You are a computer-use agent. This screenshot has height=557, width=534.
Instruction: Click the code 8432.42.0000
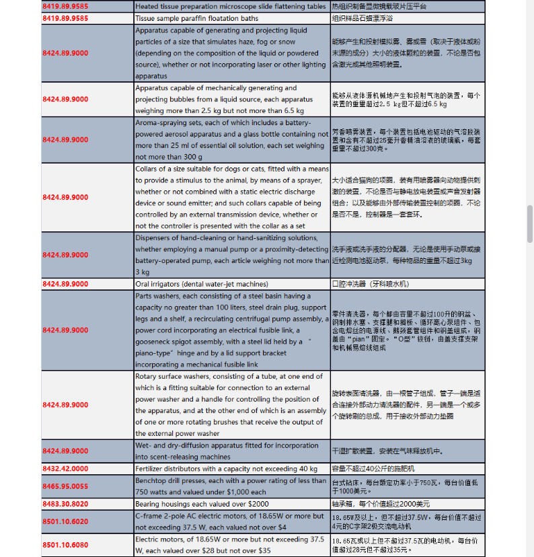tap(65, 468)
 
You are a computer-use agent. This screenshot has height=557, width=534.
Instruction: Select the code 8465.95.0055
tap(65, 486)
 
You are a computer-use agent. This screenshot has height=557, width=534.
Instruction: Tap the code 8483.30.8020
tap(65, 503)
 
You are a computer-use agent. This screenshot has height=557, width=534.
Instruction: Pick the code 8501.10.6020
tap(65, 521)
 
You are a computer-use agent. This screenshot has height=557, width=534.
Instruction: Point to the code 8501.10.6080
tap(65, 544)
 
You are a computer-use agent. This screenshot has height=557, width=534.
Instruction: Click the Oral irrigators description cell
tap(202, 284)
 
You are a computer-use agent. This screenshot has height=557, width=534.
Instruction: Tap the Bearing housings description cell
tap(202, 504)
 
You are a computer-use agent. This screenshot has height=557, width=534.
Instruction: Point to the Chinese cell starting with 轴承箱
tap(381, 504)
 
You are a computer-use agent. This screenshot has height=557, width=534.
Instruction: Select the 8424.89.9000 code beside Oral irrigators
tap(65, 284)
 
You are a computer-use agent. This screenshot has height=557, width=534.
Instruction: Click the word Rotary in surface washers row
tap(147, 376)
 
